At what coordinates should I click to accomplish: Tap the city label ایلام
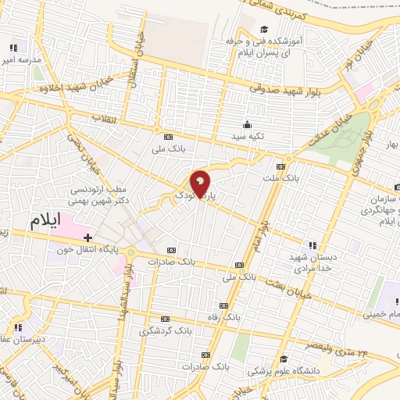[x=55, y=220]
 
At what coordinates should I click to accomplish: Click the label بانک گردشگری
[x=165, y=330]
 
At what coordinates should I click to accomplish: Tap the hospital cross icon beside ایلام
[x=87, y=237]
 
